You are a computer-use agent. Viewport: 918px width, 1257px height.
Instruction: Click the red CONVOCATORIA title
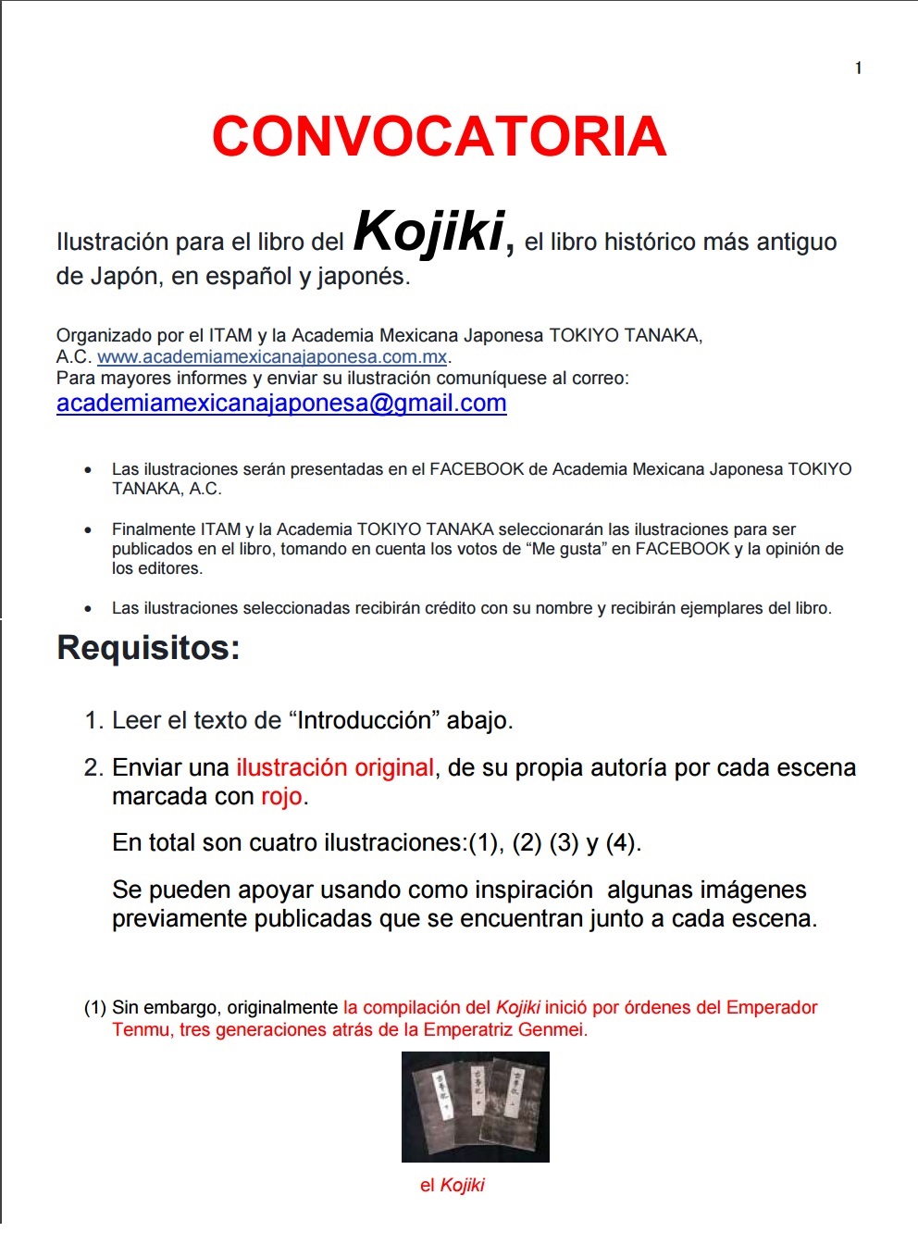439,137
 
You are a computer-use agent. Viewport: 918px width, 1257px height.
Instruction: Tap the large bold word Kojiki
429,231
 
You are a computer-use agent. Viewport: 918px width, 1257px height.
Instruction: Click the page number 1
859,68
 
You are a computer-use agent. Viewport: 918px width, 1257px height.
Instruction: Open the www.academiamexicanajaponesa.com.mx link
272,357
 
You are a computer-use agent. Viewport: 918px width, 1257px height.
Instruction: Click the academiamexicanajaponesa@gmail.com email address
281,404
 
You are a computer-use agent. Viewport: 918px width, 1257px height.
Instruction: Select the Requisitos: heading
148,648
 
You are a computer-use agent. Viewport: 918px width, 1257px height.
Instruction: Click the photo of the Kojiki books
475,1106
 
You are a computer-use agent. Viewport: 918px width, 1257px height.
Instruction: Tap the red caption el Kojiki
452,1186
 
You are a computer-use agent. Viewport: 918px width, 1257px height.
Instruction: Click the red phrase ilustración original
334,767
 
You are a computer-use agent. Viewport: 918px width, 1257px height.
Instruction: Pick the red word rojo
281,797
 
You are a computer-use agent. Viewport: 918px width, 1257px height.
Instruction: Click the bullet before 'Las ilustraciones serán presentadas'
88,470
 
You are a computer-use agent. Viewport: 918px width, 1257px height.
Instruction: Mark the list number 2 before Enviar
93,767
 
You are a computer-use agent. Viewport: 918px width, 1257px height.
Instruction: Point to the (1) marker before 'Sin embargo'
94,1007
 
